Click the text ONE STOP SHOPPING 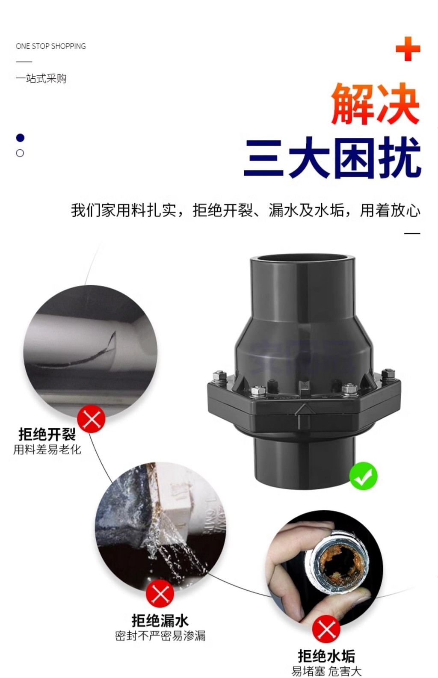[50, 46]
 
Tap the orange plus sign [408, 49]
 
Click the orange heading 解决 [375, 104]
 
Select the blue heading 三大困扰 [332, 157]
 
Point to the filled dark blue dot [20, 138]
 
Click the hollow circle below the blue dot [20, 153]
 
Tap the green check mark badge [363, 476]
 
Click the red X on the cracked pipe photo [92, 419]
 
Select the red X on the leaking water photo [160, 594]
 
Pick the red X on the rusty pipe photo [326, 629]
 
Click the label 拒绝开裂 [47, 435]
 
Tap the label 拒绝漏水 [160, 620]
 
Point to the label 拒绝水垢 [326, 656]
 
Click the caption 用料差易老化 [47, 450]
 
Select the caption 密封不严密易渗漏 [160, 636]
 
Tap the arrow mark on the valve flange [304, 410]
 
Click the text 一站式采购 [41, 79]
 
